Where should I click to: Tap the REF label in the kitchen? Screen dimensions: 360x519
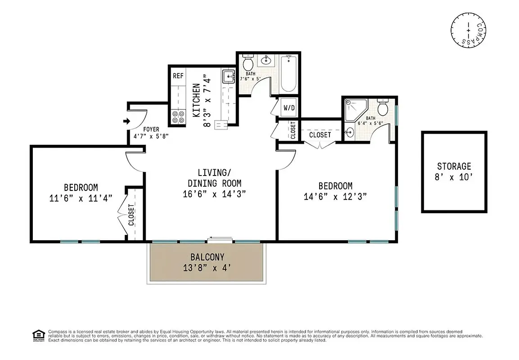tap(178, 76)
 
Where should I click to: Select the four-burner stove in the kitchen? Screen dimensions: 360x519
tap(178, 117)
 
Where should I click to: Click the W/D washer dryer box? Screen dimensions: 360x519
tap(288, 108)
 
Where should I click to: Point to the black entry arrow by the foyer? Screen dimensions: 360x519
tap(126, 121)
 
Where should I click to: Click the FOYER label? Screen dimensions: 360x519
tap(151, 129)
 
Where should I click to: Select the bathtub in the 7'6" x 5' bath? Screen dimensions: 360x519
tap(289, 73)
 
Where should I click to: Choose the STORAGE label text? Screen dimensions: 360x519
tap(454, 166)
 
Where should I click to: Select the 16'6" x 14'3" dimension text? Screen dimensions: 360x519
tap(214, 194)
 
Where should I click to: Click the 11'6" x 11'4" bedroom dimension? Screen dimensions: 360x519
tap(81, 198)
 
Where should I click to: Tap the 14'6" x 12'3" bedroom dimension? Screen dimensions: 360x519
tap(335, 196)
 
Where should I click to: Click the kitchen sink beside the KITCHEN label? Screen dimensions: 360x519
tap(228, 76)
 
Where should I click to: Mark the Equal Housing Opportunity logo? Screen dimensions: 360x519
tap(38, 335)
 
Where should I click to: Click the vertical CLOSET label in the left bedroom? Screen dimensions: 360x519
tap(131, 215)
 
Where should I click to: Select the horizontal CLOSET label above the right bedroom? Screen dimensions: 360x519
tap(320, 135)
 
